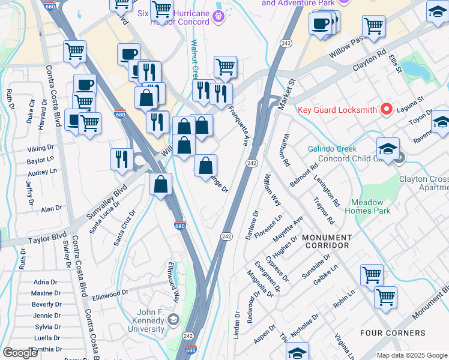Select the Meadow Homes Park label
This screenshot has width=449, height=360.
tap(371, 206)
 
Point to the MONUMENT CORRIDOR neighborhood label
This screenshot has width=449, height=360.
tap(325, 241)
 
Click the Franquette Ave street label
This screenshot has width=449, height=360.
tap(239, 126)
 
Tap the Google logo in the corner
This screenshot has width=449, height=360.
tap(20, 353)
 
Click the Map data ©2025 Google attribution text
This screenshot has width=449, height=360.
tap(412, 355)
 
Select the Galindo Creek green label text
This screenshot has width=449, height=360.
tap(332, 149)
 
